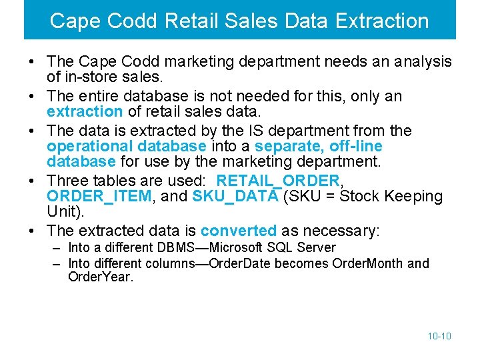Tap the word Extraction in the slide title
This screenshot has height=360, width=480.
tap(382, 21)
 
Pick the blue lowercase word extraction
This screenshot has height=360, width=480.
tap(85, 112)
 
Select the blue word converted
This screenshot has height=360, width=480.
tap(238, 231)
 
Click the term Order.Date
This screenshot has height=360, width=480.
tap(239, 263)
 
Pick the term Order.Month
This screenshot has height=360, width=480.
tap(370, 263)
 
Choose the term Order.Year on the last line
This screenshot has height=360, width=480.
tap(100, 277)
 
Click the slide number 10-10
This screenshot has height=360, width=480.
tap(439, 336)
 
